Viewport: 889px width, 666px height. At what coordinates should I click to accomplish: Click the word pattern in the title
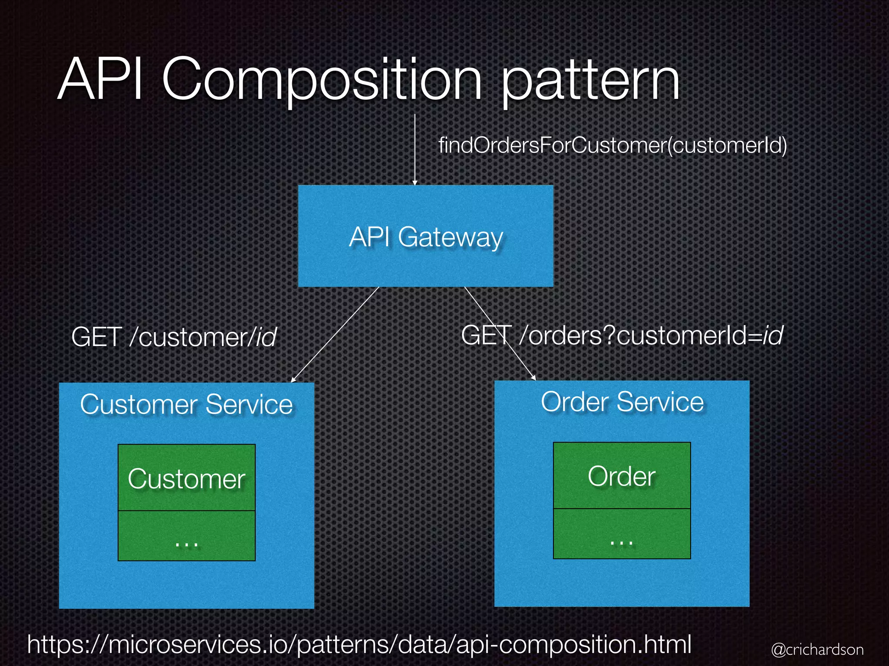click(590, 82)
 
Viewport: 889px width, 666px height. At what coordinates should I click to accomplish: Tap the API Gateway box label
click(425, 237)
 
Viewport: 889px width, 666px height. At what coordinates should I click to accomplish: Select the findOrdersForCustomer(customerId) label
click(612, 145)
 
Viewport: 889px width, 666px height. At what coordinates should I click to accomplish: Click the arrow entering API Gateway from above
click(415, 150)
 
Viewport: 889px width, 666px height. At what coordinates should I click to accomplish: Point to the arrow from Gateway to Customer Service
click(335, 334)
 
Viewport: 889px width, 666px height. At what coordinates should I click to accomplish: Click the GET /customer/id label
click(174, 337)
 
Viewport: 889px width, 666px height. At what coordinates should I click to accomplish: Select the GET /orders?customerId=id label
click(622, 336)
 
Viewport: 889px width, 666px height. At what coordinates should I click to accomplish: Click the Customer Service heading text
click(186, 405)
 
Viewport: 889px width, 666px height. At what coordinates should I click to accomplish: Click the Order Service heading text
click(622, 402)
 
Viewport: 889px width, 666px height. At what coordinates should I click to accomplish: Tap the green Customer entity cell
click(186, 478)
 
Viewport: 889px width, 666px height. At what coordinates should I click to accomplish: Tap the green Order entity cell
click(622, 476)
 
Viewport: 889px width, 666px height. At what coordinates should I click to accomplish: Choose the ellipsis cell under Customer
click(186, 536)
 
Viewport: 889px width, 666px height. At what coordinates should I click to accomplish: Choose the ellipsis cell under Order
click(622, 534)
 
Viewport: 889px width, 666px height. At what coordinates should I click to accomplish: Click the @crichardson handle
click(817, 650)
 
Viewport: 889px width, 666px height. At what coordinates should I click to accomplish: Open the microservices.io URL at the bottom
click(359, 644)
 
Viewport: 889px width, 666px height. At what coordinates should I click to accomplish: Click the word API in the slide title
click(101, 80)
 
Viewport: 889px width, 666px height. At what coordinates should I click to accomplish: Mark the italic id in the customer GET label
click(266, 337)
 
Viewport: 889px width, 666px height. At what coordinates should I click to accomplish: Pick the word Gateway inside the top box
click(450, 237)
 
